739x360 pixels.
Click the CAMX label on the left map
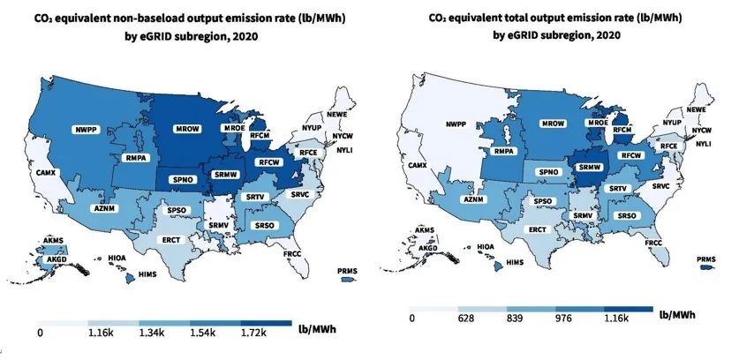[43, 173]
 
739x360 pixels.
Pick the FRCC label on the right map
[654, 242]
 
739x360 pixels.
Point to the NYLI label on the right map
[704, 143]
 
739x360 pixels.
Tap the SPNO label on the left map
[183, 179]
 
